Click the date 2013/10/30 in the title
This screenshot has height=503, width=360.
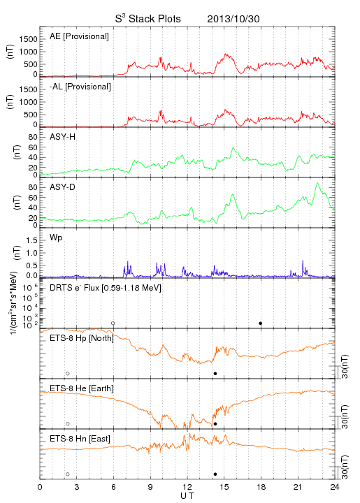pyautogui.click(x=233, y=19)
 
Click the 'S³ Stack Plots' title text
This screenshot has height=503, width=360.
pyautogui.click(x=148, y=19)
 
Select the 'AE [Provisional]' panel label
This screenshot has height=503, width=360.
pyautogui.click(x=79, y=36)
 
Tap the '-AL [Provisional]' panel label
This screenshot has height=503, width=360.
pyautogui.click(x=80, y=87)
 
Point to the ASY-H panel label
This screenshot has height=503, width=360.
pyautogui.click(x=63, y=137)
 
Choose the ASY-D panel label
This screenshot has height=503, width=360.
pyautogui.click(x=63, y=187)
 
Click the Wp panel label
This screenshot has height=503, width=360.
pyautogui.click(x=56, y=238)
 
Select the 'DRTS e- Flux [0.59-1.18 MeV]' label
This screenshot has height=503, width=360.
pyautogui.click(x=106, y=288)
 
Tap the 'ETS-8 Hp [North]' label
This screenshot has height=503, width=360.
pyautogui.click(x=82, y=338)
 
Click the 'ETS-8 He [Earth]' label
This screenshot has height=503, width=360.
pyautogui.click(x=82, y=388)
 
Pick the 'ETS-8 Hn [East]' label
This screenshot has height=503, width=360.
pyautogui.click(x=80, y=439)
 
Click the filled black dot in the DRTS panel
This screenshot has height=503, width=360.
pyautogui.click(x=261, y=323)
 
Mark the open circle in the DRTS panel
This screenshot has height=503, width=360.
pyautogui.click(x=113, y=323)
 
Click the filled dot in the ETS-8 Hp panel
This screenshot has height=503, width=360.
pyautogui.click(x=215, y=373)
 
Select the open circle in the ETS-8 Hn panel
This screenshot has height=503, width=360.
pyautogui.click(x=68, y=474)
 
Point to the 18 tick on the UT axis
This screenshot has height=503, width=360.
pyautogui.click(x=261, y=487)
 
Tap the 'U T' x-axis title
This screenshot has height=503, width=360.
pyautogui.click(x=187, y=496)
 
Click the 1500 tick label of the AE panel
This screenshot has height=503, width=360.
pyautogui.click(x=28, y=39)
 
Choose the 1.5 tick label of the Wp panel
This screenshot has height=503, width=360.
pyautogui.click(x=31, y=240)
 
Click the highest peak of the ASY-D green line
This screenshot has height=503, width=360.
pyautogui.click(x=317, y=183)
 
